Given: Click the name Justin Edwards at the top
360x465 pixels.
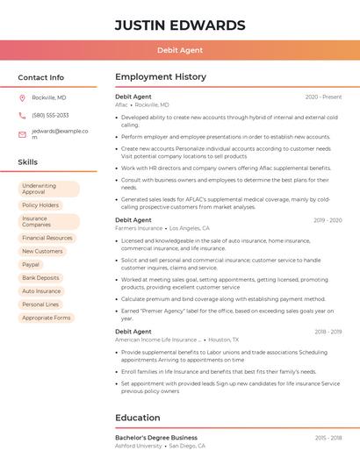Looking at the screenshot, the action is [180, 25].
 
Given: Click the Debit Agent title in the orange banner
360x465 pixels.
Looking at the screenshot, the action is [180, 50].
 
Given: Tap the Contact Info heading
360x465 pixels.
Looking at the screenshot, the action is [40, 77].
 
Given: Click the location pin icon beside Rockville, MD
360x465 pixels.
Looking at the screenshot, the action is [22, 97].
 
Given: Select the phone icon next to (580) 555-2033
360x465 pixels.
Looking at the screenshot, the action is [22, 115].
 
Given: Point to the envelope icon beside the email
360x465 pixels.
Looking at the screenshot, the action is [22, 134].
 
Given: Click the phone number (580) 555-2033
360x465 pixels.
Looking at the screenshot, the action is [50, 115].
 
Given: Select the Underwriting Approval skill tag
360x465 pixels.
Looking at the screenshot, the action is [48, 190].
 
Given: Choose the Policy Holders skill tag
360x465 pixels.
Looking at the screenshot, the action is [40, 205].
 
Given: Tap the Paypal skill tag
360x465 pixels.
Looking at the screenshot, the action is [31, 264].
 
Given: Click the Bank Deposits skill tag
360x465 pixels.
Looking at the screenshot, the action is [40, 277].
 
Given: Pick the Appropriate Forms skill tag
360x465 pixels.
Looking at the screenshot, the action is [47, 318].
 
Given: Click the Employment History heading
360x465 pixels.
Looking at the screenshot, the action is [160, 77].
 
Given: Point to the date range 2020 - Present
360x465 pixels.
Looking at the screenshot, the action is [323, 97].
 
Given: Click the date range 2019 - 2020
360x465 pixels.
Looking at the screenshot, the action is [327, 220].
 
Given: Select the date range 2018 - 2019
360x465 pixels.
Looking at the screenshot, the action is [327, 332].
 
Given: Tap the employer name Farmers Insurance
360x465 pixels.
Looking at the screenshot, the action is [139, 228].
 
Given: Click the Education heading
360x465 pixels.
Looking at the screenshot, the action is [139, 418].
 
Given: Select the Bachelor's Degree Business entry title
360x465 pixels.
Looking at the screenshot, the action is [156, 437].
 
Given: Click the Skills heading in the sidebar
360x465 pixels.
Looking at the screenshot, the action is [27, 162].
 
